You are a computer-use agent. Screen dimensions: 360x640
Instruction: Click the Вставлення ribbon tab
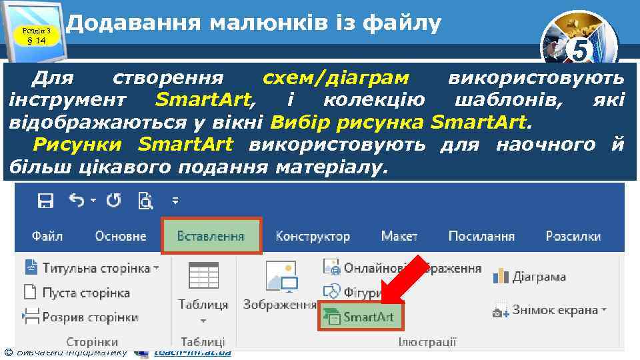click(211, 236)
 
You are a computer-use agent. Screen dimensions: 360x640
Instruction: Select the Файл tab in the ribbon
click(47, 236)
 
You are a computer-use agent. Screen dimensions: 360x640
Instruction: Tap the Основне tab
click(121, 236)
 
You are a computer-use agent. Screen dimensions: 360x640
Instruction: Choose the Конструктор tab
click(313, 236)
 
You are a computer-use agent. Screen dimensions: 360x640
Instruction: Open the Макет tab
click(399, 236)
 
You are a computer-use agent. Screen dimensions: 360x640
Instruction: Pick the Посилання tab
click(481, 236)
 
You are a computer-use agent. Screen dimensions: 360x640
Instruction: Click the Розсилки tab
click(573, 236)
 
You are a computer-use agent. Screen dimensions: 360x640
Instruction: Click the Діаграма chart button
click(530, 276)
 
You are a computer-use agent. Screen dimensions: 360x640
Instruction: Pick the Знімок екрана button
click(550, 309)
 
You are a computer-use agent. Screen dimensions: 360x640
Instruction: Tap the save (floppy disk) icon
click(45, 200)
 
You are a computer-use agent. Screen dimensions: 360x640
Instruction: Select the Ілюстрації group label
click(427, 342)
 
